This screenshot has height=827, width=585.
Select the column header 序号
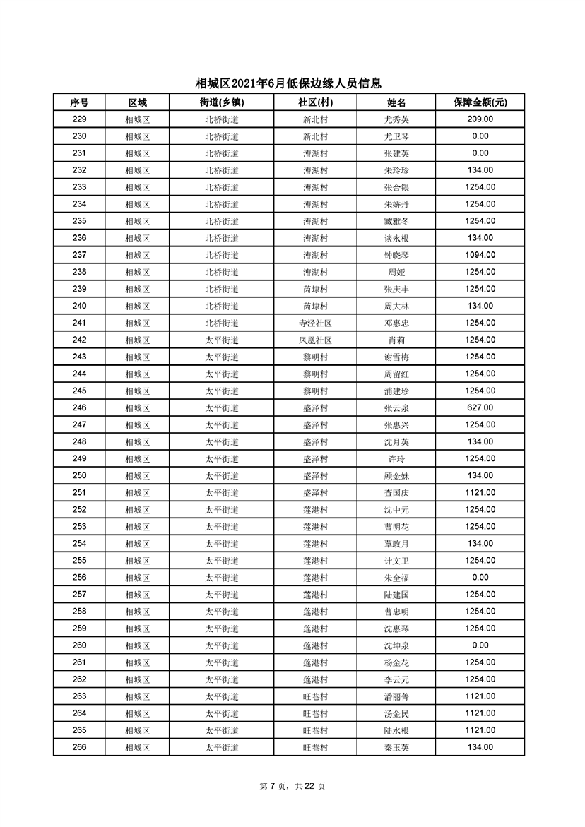coord(79,102)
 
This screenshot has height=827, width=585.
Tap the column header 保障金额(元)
coord(480,102)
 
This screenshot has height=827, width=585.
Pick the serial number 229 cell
coord(79,119)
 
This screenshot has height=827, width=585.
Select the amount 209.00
coord(480,119)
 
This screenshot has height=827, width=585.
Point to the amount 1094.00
coord(480,255)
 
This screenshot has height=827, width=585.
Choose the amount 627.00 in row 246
coord(480,407)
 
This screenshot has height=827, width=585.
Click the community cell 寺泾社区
coord(315,323)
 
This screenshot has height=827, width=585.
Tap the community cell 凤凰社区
coord(315,340)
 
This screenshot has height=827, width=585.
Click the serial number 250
coord(79,475)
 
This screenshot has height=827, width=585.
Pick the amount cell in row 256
coord(480,577)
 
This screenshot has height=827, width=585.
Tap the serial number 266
coord(79,747)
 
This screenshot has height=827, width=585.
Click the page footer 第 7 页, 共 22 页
coord(292,786)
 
